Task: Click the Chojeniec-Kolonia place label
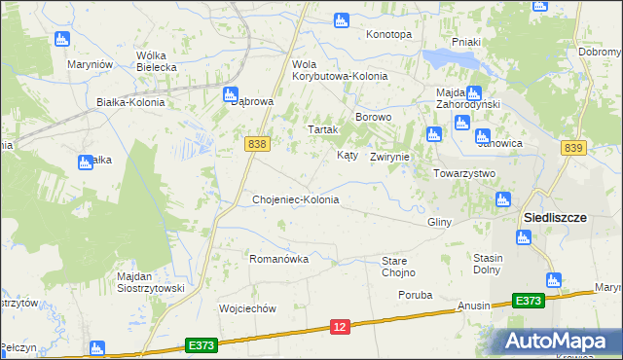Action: pos(296,199)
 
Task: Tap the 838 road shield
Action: pos(257,143)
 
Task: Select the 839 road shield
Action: pos(573,147)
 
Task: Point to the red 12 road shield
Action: pos(340,329)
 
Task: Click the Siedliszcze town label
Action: pos(555,218)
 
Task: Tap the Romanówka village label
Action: pos(279,259)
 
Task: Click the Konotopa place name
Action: pos(388,34)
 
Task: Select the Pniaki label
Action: pos(467,55)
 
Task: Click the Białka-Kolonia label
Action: pos(130,101)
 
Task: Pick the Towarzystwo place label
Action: pos(464,173)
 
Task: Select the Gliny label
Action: pos(439,222)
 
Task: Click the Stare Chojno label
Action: pos(398,267)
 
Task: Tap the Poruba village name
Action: pos(415,294)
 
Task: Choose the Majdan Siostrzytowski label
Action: pos(150,282)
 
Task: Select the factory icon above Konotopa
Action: pos(341,19)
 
